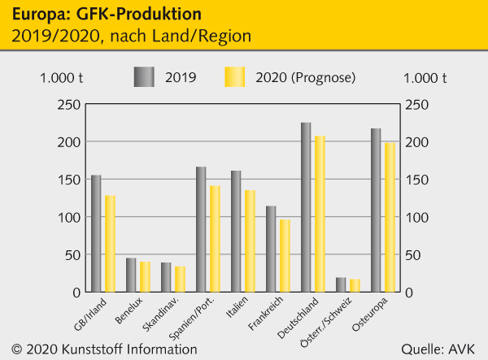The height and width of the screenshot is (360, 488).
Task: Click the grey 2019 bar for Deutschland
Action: [306, 207]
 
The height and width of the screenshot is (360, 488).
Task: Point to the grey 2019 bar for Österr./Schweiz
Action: [341, 284]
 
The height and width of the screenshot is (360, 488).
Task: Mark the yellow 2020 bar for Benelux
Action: [145, 276]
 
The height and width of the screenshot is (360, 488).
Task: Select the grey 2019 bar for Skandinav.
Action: [166, 277]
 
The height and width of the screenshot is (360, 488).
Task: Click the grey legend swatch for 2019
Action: [145, 77]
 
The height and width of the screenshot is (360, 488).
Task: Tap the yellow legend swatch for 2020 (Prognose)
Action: [235, 77]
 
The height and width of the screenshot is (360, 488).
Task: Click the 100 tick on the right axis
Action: [416, 217]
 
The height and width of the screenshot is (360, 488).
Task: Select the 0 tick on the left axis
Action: [76, 293]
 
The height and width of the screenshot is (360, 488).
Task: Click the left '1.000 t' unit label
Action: [61, 78]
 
